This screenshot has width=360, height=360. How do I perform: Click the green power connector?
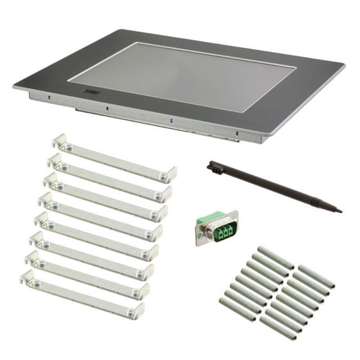pyautogui.click(x=217, y=228)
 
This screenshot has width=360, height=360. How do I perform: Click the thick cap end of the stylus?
pyautogui.click(x=211, y=166)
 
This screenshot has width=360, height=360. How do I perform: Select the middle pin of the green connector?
pyautogui.click(x=219, y=231)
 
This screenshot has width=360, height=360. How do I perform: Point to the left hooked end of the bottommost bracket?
pyautogui.click(x=25, y=276)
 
